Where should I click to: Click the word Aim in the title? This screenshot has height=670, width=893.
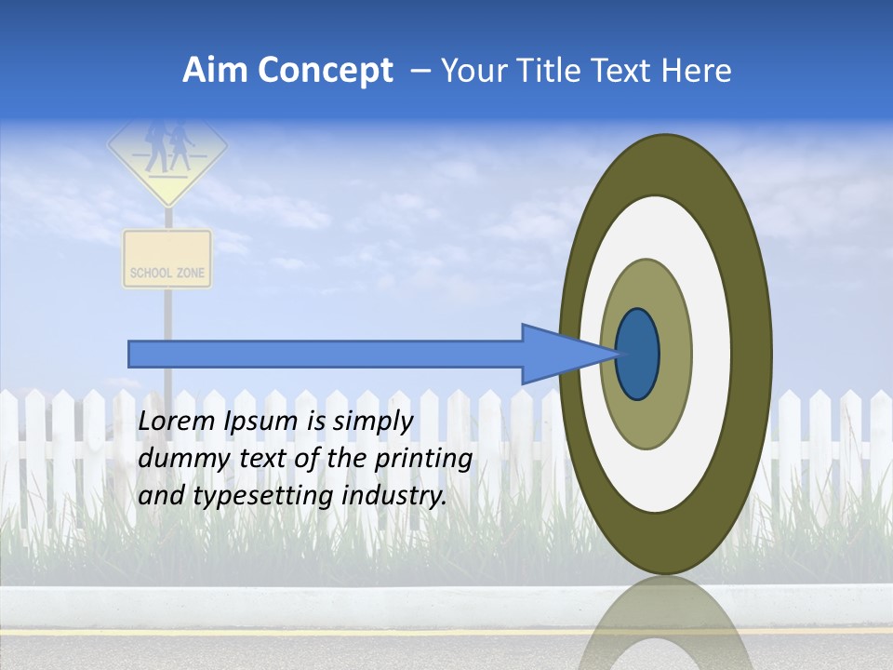(216, 71)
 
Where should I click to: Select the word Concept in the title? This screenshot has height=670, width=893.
(325, 71)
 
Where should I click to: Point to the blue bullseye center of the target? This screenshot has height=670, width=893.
(637, 355)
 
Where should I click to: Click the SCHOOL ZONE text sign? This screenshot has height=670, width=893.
(167, 273)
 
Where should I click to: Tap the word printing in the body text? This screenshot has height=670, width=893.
(423, 460)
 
